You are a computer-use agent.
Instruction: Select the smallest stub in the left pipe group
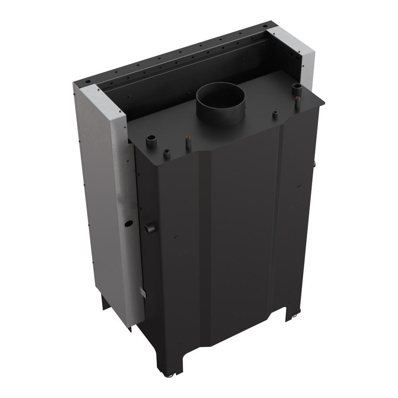click(167, 154)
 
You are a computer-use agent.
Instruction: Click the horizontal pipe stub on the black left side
click(151, 228)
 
